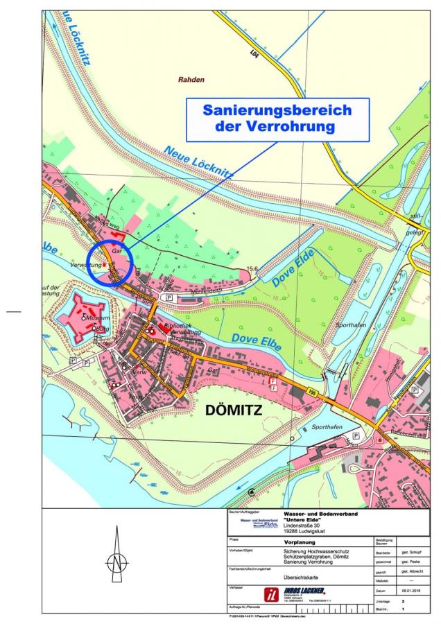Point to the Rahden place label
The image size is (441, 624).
tap(191, 80)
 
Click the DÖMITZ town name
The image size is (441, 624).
tap(234, 410)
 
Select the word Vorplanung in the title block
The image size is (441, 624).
tap(302, 538)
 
